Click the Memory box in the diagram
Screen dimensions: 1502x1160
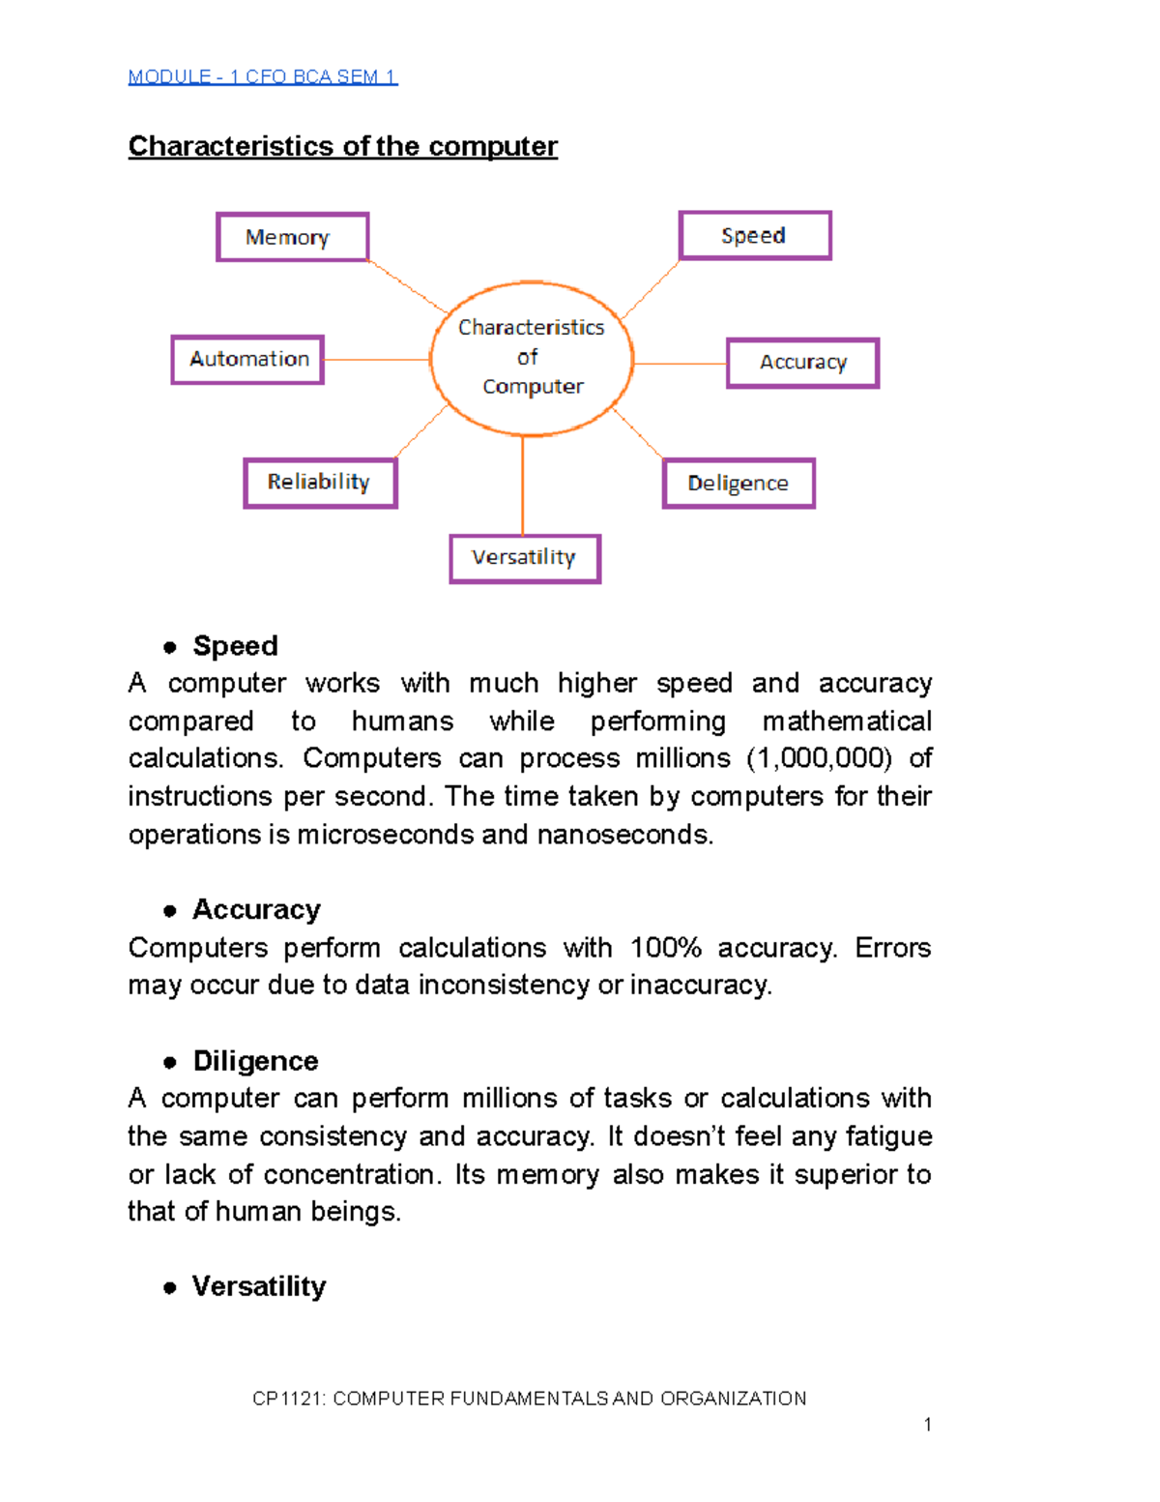[292, 237]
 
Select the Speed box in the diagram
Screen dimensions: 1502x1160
[754, 235]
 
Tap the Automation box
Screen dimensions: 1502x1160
[247, 359]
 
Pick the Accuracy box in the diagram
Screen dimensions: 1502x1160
[802, 363]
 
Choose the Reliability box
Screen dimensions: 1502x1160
[320, 482]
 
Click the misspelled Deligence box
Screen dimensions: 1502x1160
[739, 483]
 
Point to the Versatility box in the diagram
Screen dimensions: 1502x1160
[525, 558]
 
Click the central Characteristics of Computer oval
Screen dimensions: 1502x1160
[532, 358]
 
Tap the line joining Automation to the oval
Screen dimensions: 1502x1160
[377, 360]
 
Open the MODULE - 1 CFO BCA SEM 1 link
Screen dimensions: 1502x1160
[262, 77]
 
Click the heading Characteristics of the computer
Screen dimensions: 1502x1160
[343, 146]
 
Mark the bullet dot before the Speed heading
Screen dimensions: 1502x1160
[170, 647]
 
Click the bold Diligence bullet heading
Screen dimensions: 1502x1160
[255, 1061]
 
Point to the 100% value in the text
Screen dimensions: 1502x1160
[665, 948]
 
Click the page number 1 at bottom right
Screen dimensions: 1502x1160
[928, 1425]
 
